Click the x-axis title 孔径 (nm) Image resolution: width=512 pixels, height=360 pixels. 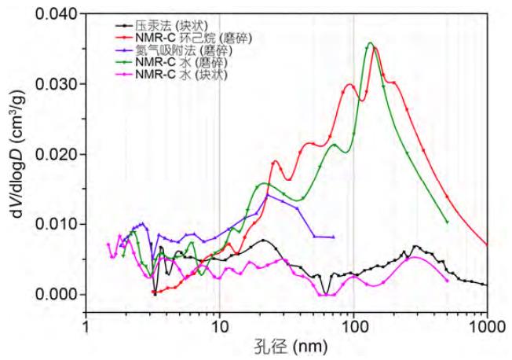(287, 347)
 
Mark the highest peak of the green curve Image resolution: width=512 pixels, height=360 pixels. (370, 43)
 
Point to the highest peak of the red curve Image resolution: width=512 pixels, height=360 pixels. (375, 49)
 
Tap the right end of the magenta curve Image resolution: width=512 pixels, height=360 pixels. (447, 281)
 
